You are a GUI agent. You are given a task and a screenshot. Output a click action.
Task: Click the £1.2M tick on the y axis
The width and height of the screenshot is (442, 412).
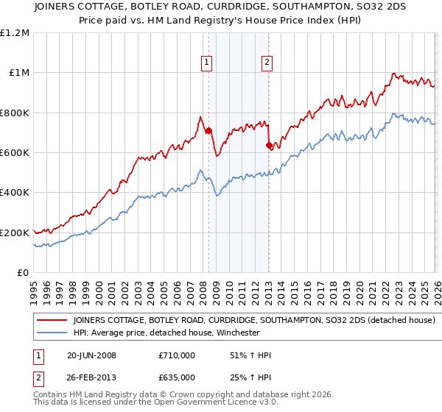pyautogui.click(x=15, y=33)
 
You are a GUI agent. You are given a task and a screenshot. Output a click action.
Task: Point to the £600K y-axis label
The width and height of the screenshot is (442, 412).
pyautogui.click(x=15, y=153)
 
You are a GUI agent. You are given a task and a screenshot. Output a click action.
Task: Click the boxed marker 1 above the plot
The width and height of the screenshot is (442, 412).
pyautogui.click(x=207, y=63)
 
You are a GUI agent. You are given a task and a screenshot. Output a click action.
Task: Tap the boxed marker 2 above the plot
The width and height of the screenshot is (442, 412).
pyautogui.click(x=267, y=63)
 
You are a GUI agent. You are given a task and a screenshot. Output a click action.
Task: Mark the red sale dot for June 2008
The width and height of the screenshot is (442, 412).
pyautogui.click(x=208, y=131)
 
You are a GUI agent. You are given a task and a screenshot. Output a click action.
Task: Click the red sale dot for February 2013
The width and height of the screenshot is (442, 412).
pyautogui.click(x=269, y=146)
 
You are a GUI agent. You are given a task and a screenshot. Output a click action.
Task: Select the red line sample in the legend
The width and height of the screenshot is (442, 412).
pyautogui.click(x=51, y=321)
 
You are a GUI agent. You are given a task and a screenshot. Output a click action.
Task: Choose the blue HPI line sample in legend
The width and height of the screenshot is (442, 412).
pyautogui.click(x=51, y=333)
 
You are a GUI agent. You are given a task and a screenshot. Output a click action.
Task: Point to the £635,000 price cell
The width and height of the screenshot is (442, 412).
pyautogui.click(x=177, y=377)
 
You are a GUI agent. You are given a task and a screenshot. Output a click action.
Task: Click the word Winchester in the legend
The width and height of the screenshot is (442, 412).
pyautogui.click(x=235, y=333)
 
